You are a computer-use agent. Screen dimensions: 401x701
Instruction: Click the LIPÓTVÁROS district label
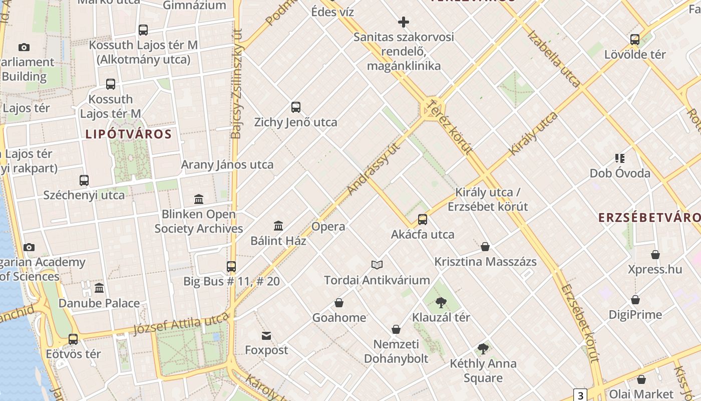129,134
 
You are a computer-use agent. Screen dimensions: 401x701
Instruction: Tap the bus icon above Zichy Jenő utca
296,107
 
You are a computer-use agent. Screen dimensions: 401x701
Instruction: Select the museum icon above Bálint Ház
278,226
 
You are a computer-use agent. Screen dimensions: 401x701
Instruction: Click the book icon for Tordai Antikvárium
377,265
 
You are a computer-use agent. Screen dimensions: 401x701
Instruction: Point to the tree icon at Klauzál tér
441,302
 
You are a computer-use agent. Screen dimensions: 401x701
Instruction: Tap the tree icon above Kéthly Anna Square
483,348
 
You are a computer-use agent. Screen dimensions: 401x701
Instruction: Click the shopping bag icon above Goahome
339,303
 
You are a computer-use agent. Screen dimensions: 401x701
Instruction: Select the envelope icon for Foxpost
266,335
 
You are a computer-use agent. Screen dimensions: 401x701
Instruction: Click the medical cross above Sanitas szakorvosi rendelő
404,22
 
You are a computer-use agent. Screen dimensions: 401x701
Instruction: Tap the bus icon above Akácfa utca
423,219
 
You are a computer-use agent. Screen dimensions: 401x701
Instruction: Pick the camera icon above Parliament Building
24,48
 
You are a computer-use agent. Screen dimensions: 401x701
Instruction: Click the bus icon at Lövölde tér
635,39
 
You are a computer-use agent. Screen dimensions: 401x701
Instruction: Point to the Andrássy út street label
375,169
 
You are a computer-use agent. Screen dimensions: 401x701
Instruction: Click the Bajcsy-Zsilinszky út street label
236,83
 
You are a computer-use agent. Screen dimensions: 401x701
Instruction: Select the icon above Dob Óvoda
620,158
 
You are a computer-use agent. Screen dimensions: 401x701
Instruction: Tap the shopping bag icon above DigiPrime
635,300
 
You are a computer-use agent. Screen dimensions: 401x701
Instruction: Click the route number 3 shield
580,395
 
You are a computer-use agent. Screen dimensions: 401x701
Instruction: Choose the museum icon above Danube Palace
99,288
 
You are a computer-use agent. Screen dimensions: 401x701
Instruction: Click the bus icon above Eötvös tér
73,339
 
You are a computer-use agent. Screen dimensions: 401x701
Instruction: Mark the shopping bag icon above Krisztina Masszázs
485,247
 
